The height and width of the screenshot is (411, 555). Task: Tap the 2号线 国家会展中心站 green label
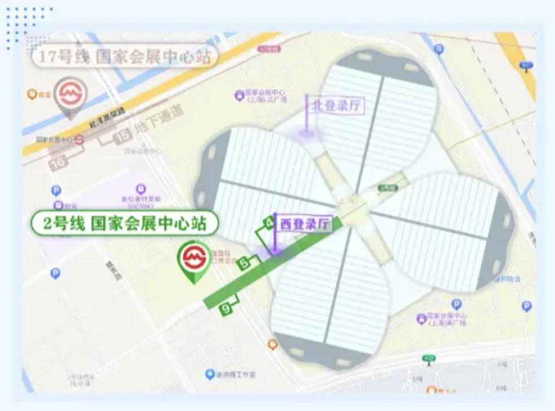click(124, 224)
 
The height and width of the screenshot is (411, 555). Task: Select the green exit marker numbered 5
click(244, 263)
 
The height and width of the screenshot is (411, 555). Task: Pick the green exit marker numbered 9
click(226, 308)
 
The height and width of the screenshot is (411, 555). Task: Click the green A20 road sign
click(429, 358)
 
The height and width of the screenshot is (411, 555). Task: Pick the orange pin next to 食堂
click(32, 94)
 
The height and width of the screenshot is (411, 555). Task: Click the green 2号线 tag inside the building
click(387, 187)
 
